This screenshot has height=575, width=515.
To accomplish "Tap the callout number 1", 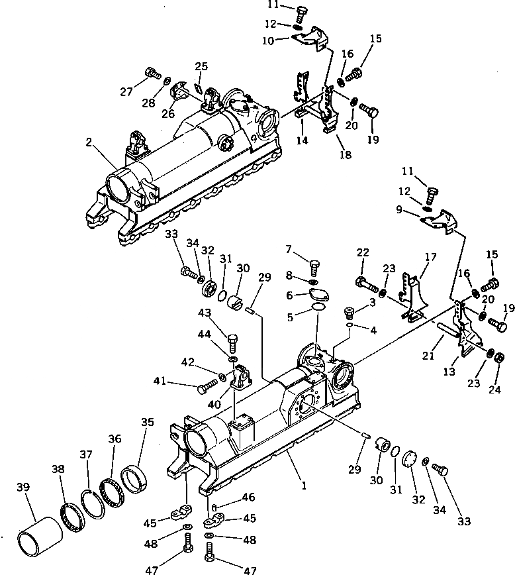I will coord(304,486).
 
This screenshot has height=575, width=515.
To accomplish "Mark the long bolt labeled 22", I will coord(366,284).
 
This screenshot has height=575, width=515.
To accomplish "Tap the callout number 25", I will coord(201,66).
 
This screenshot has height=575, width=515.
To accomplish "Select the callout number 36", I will coord(115,439).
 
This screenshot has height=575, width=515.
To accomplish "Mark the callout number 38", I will coord(58,468).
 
